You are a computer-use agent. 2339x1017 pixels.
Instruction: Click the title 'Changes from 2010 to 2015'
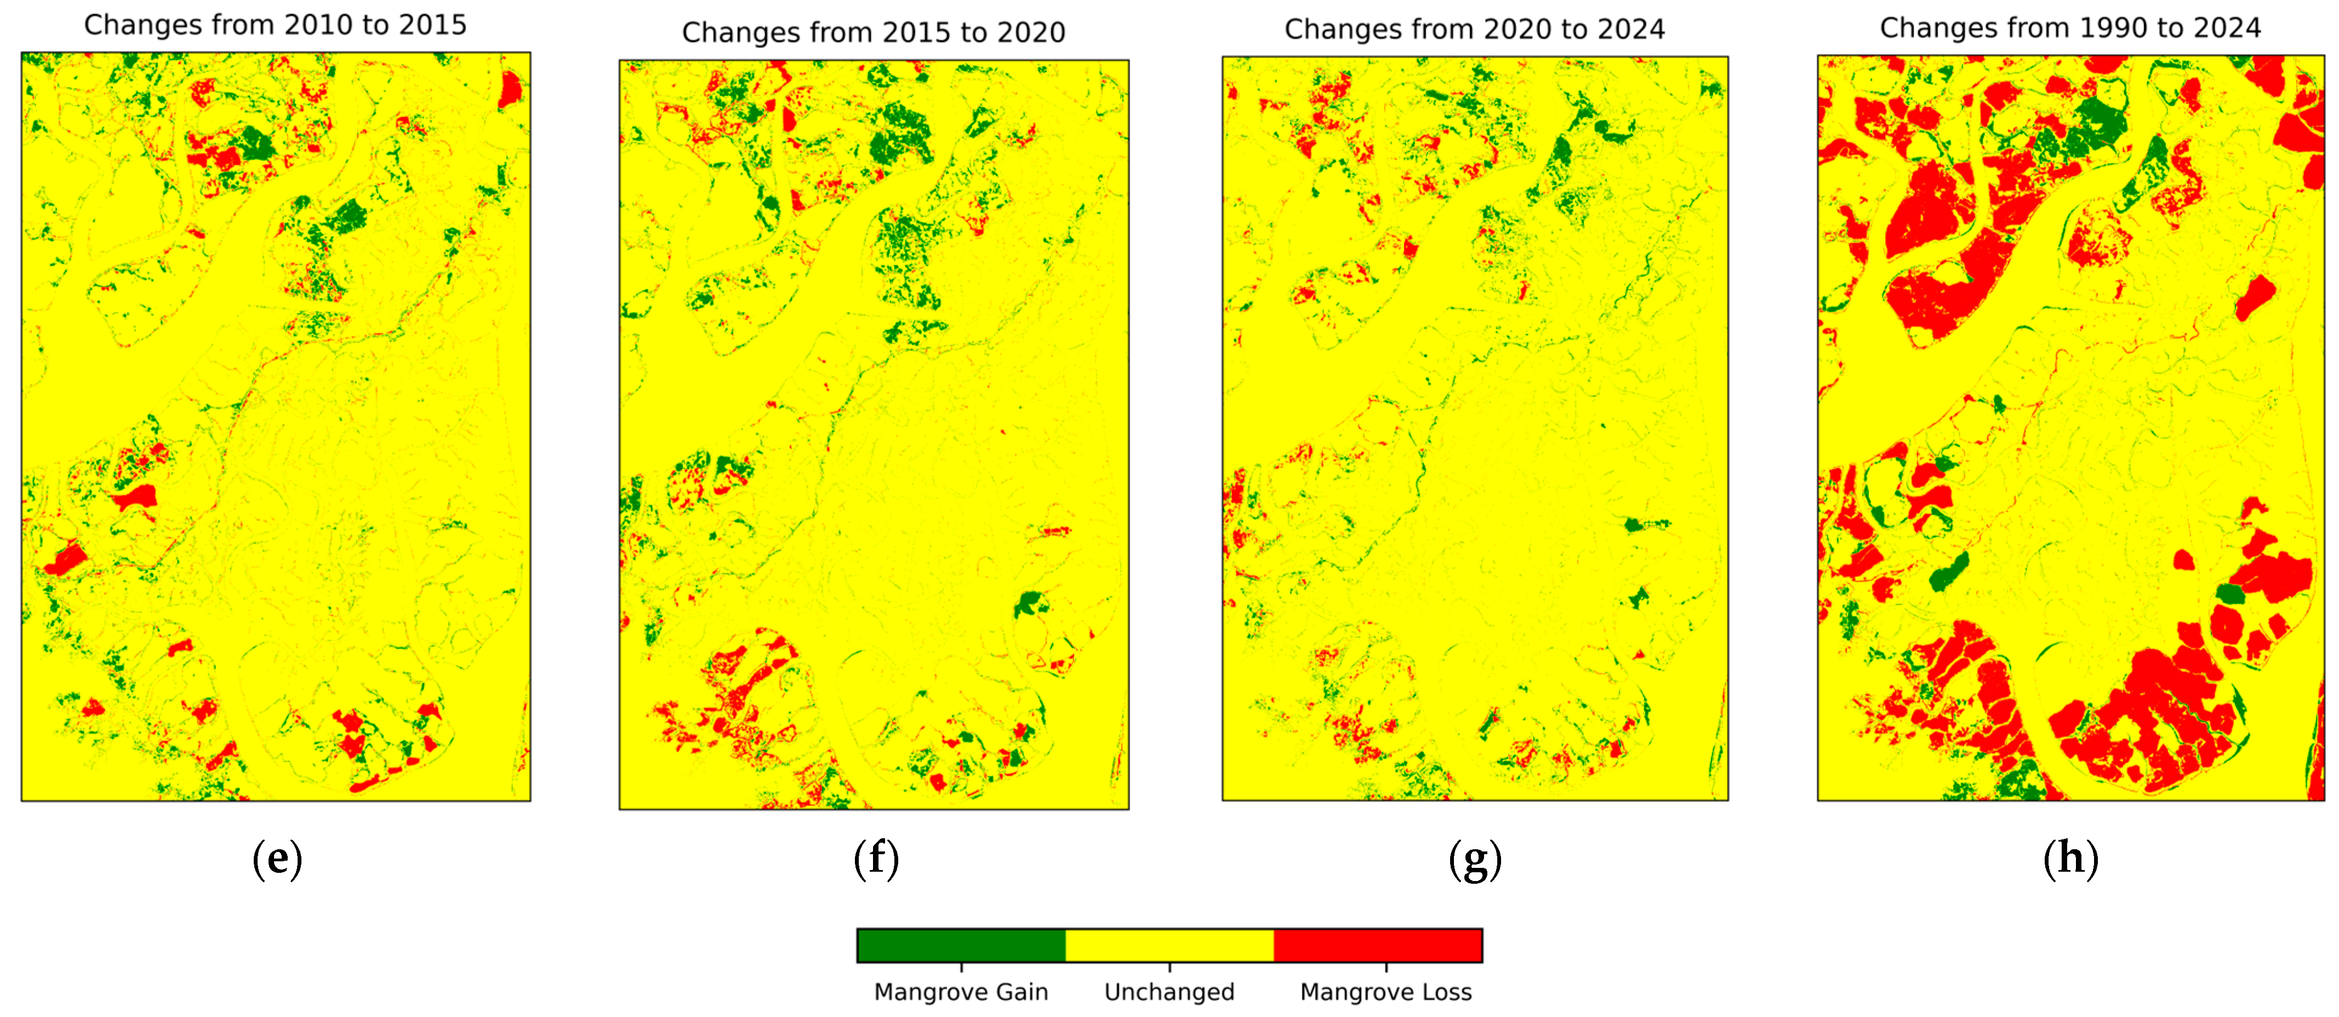(275, 25)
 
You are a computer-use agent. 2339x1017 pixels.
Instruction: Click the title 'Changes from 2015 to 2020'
(874, 33)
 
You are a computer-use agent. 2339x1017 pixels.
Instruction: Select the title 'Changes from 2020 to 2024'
(1475, 29)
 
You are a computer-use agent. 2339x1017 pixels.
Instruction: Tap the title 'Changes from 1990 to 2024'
(2070, 28)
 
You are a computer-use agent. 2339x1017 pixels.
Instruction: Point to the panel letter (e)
(277, 858)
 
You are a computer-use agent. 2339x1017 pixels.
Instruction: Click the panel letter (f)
(876, 858)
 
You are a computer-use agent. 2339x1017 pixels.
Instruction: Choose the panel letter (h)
(2070, 858)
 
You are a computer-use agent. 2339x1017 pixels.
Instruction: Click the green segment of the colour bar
(961, 945)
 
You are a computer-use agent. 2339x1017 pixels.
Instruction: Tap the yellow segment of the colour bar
(1169, 945)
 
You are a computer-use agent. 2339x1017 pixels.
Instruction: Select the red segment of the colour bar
(1377, 945)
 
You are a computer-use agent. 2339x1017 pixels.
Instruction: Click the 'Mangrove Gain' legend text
(961, 992)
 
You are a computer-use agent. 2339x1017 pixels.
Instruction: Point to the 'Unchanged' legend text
(1169, 992)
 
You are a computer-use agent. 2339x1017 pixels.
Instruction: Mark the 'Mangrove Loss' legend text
(1385, 992)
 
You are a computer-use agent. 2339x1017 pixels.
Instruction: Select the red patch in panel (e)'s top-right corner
(510, 89)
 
